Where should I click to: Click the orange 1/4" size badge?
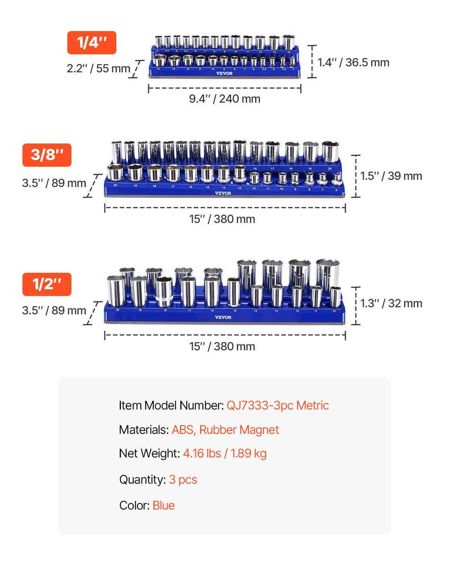(92, 43)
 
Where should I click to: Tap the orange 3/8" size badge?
(47, 155)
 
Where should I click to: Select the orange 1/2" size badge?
(47, 284)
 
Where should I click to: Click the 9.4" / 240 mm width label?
(224, 99)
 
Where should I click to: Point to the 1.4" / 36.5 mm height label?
(353, 63)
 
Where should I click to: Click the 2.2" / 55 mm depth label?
(98, 69)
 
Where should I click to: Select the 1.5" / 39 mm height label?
(391, 176)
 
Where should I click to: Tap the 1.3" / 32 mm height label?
(391, 303)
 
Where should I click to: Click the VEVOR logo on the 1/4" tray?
(224, 73)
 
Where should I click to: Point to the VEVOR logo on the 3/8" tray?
(223, 193)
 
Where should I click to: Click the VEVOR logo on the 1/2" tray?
(223, 317)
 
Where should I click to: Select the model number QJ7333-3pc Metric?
(278, 405)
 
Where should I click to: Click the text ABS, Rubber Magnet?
(225, 430)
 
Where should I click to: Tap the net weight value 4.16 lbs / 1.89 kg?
(224, 453)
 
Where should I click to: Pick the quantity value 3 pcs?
(183, 480)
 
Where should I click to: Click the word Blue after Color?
(164, 505)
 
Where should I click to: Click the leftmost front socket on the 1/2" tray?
(116, 291)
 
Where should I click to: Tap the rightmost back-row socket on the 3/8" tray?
(330, 151)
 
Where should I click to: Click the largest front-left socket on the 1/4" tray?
(160, 60)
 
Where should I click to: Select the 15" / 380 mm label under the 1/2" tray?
(222, 347)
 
